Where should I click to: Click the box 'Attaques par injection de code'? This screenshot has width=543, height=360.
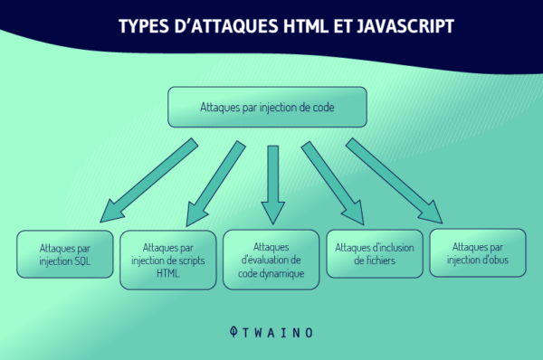coord(267,107)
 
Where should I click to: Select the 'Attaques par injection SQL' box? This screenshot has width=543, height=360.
coord(64,255)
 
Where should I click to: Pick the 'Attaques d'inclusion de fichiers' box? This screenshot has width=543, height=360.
coord(375,255)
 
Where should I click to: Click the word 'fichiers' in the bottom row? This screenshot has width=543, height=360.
coord(374,262)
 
